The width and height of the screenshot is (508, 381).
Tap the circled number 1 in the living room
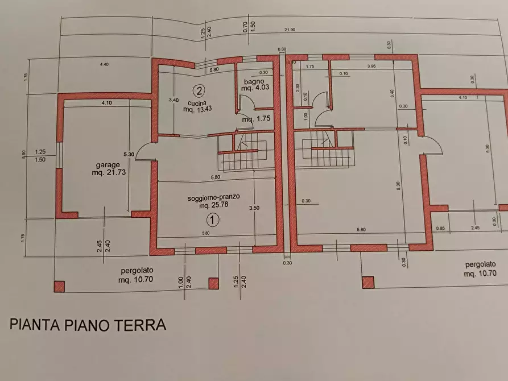tap(212, 219)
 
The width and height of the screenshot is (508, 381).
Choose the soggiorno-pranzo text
tap(213, 197)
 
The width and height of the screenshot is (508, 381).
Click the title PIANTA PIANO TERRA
tap(88, 325)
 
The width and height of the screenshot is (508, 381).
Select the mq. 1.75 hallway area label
tap(254, 120)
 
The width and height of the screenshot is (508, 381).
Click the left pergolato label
tap(137, 271)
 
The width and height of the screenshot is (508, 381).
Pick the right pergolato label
tap(478, 265)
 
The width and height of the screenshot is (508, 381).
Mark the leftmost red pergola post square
tap(59, 286)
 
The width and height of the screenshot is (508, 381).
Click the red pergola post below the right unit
tap(368, 282)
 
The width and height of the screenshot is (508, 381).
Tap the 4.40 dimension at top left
tap(104, 65)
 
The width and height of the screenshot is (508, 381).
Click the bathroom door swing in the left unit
tap(244, 105)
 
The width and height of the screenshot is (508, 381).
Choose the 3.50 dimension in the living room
tap(254, 208)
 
